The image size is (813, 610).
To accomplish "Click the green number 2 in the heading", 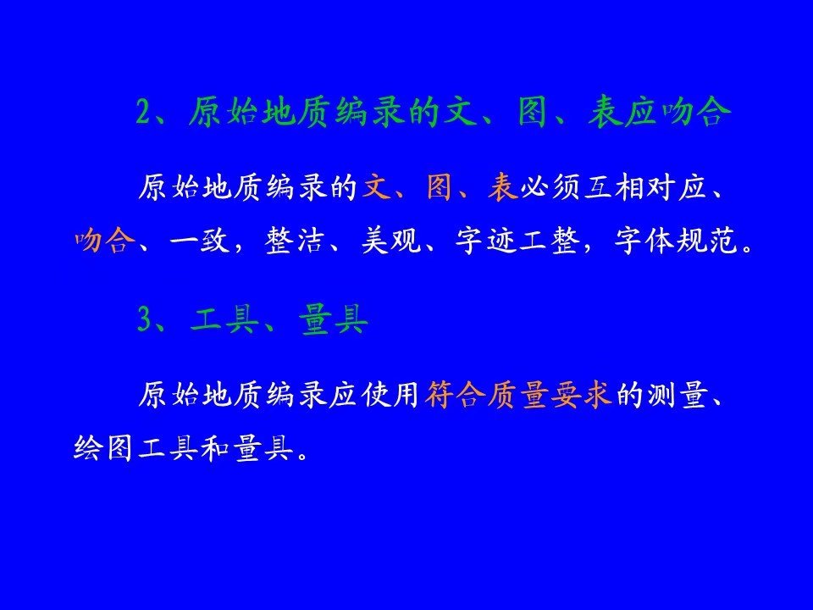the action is [144, 112].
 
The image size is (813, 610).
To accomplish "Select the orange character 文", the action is [376, 187].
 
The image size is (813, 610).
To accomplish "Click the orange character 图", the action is [440, 187].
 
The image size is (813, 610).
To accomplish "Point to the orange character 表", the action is [503, 187].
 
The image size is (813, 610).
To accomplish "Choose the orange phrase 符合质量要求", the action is [518, 396].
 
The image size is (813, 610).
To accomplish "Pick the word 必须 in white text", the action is [550, 187].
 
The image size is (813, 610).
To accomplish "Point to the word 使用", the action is [390, 396].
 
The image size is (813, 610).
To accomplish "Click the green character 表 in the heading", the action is [605, 112].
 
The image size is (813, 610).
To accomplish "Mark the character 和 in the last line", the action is [215, 448].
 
